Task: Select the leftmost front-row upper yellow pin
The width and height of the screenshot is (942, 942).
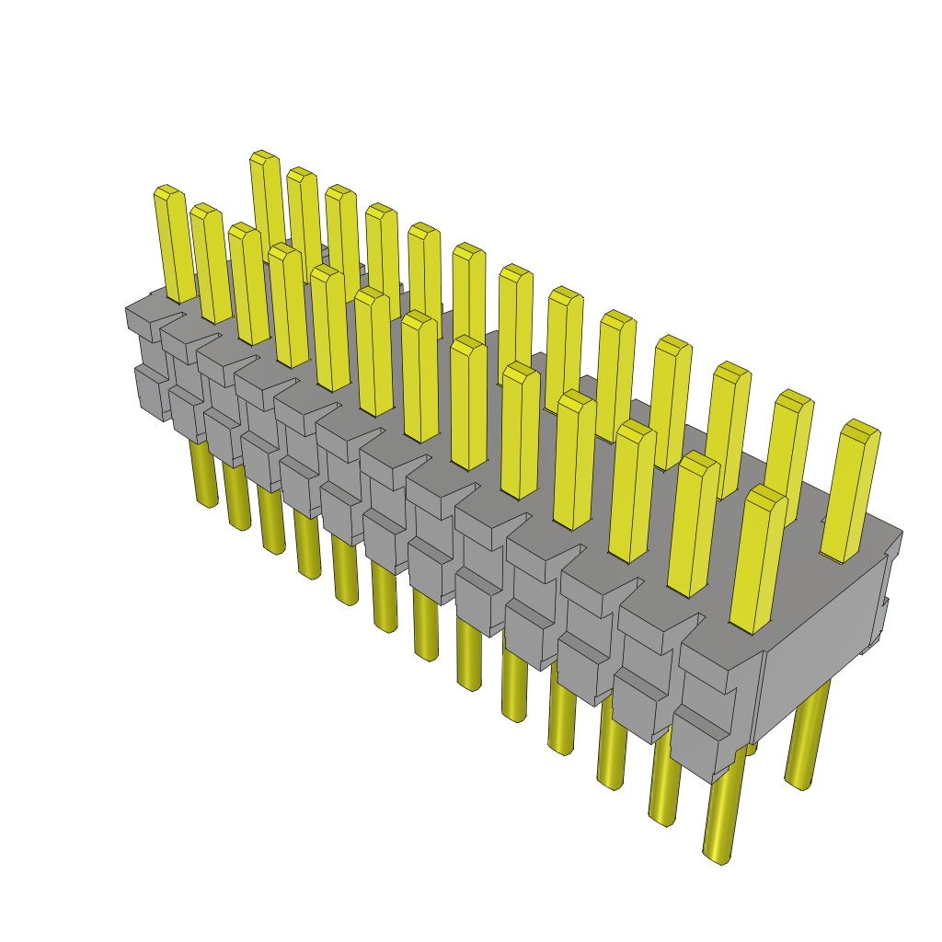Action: point(174,244)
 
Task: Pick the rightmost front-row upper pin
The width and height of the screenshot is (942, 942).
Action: point(759,561)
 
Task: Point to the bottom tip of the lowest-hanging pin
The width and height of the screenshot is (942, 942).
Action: point(718,858)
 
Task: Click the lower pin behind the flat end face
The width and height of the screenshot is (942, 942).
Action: point(806,736)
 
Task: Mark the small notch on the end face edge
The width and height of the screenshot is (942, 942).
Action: point(886,603)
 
